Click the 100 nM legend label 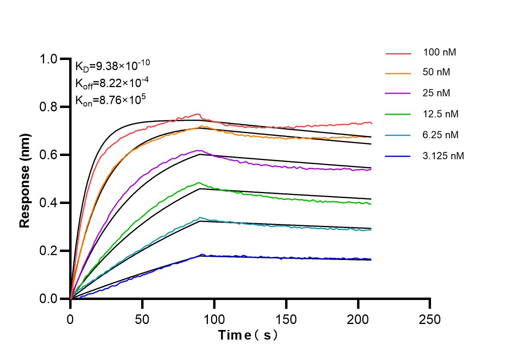pos(439,52)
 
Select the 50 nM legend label pos(436,73)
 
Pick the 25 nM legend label pos(436,93)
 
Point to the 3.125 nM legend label pos(443,156)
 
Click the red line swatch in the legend pos(398,53)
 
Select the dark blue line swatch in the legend pos(398,156)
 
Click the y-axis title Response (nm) pos(25,180)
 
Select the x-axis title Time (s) pos(248,335)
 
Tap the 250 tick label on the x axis pos(430,319)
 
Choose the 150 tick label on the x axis pos(286,319)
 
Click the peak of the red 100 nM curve pos(197,114)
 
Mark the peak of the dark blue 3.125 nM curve pos(202,254)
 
